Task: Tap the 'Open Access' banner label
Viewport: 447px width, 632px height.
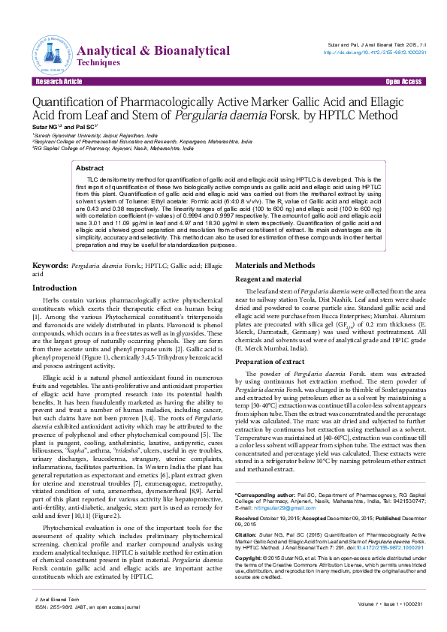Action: [403, 80]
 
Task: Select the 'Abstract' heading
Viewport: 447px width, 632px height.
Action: [90, 169]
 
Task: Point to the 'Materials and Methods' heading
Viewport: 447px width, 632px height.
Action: [275, 266]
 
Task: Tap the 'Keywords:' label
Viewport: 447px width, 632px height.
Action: [52, 266]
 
